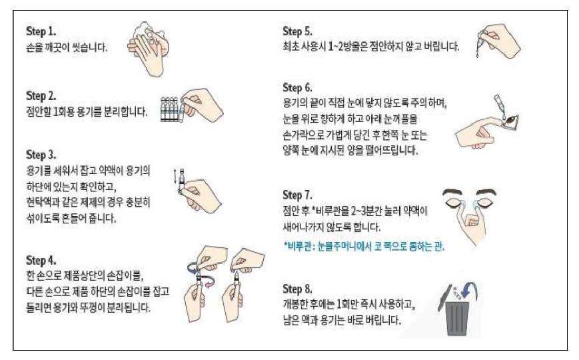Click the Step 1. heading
(x=41, y=31)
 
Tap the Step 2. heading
(x=41, y=96)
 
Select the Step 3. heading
(x=41, y=155)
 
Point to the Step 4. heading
(x=41, y=260)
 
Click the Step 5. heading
(x=297, y=31)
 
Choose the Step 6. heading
(x=297, y=88)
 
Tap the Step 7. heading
(x=297, y=195)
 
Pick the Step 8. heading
(x=297, y=289)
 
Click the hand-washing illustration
(x=149, y=49)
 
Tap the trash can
(x=457, y=318)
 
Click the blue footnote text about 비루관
(x=364, y=246)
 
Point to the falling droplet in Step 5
(x=478, y=55)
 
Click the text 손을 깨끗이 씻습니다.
(x=67, y=48)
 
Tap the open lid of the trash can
(x=444, y=297)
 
